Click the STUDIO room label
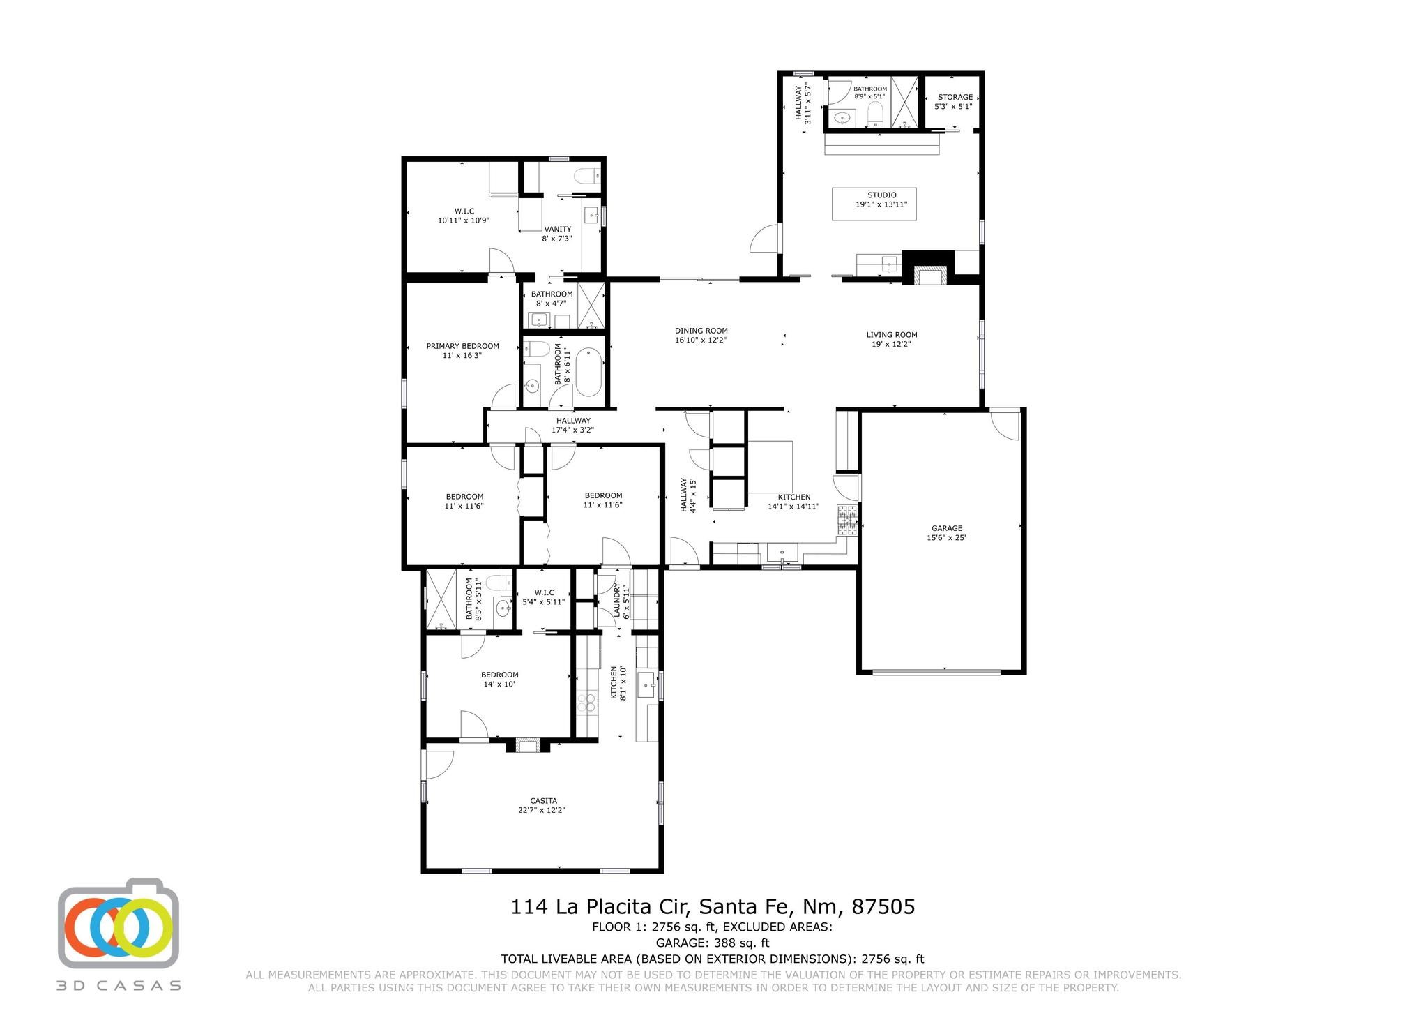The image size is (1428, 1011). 881,195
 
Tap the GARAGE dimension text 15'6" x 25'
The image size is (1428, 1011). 946,538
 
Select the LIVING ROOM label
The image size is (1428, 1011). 891,335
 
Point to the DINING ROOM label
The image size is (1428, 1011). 701,331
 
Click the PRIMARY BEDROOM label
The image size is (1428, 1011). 462,346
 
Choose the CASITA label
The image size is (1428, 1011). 542,801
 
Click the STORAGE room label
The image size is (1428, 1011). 955,98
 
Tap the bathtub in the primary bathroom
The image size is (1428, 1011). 588,372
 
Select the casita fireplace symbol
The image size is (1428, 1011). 527,746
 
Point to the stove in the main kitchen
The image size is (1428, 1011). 846,520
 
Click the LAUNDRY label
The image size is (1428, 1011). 616,600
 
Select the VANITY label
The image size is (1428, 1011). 557,230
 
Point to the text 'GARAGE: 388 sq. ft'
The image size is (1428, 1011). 712,943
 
